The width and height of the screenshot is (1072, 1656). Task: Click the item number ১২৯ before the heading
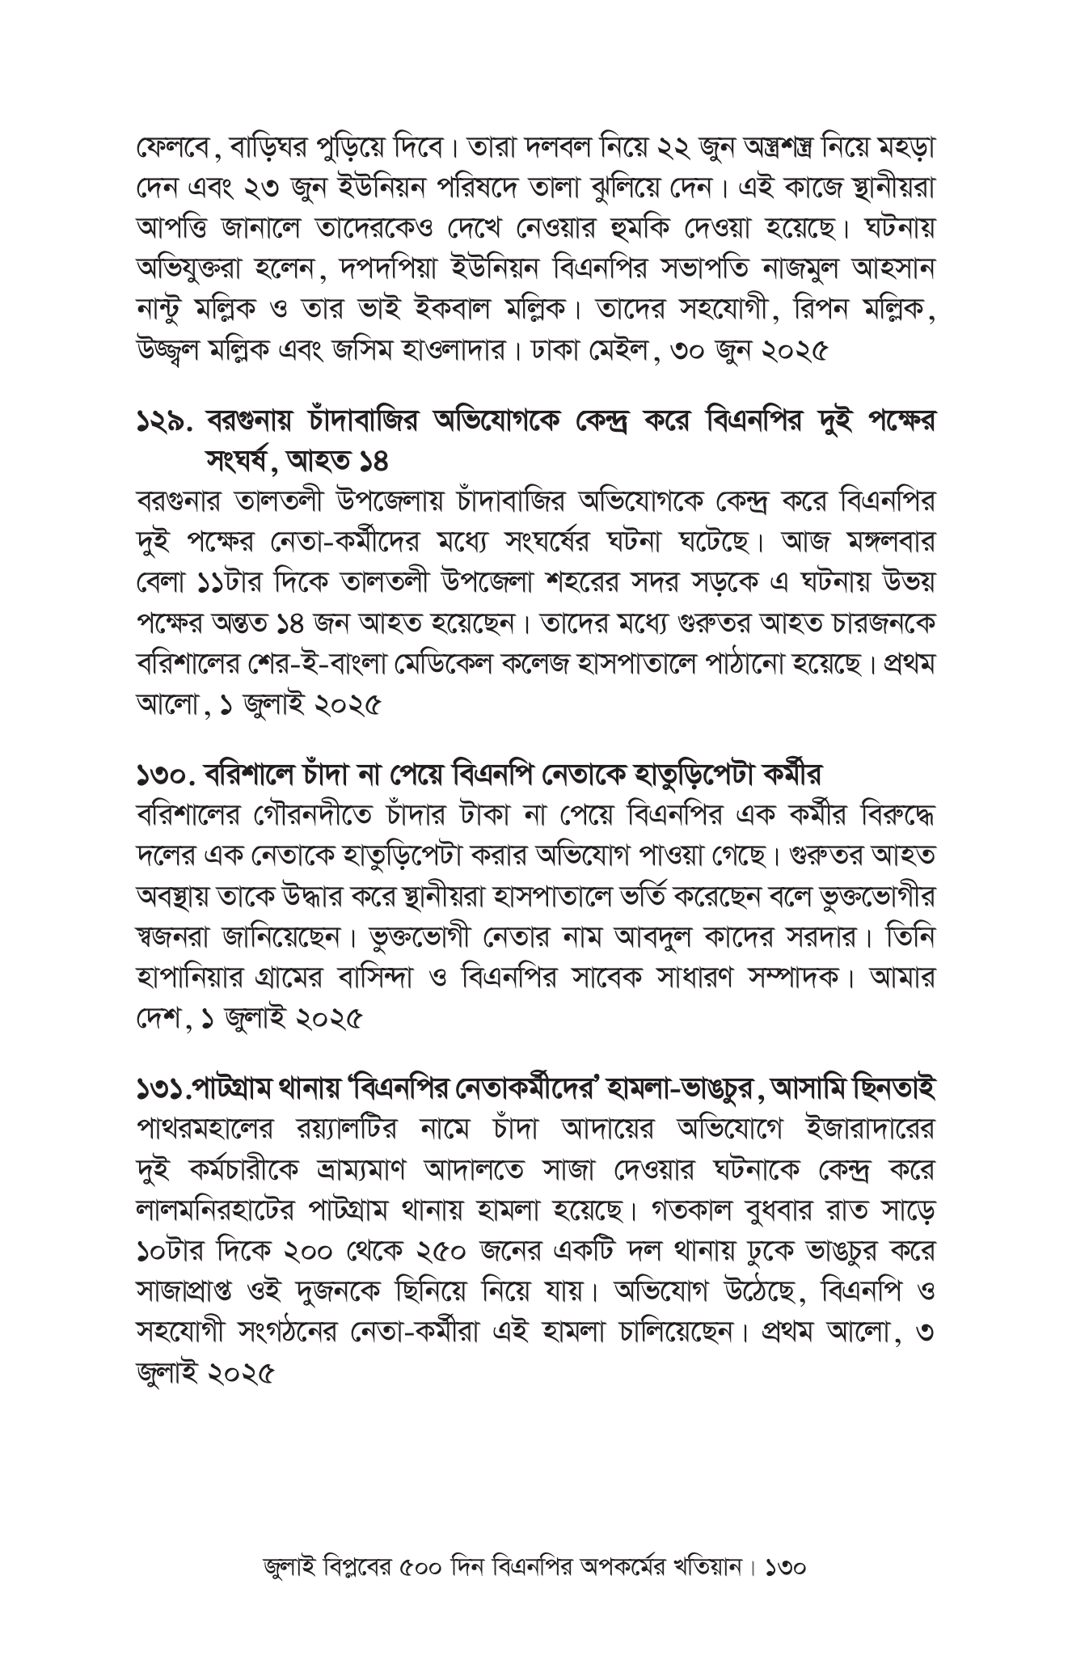pos(166,423)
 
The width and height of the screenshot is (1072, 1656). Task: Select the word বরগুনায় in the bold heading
pos(255,421)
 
